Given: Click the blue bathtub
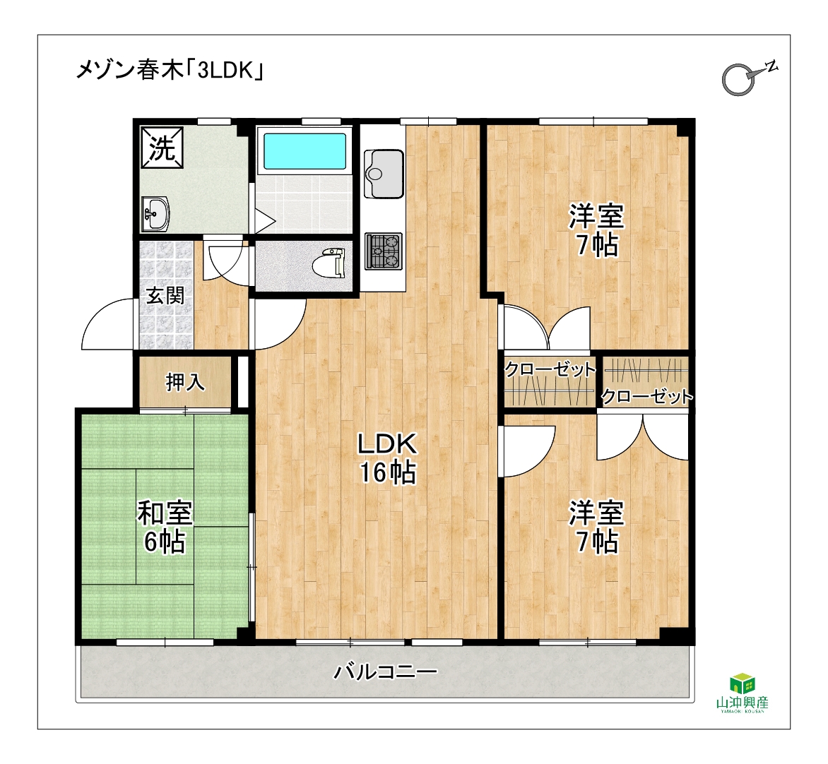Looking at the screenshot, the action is (x=304, y=150).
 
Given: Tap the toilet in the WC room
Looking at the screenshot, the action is (x=328, y=263).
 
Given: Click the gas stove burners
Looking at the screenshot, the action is (x=384, y=251).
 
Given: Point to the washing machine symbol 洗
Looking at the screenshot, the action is (x=162, y=148).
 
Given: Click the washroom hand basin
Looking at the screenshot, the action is (x=155, y=214).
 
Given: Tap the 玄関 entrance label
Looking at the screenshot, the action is (x=165, y=295).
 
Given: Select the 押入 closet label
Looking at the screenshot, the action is (x=185, y=382).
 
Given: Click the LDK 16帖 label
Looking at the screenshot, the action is (x=388, y=458).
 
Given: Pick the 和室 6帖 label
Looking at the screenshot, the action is (x=165, y=527).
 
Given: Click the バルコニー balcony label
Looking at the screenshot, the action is (x=386, y=672).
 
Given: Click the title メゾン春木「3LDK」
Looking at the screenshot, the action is (x=170, y=70).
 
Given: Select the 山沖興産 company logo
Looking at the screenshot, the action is (x=742, y=693).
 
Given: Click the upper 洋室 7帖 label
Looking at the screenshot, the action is (x=597, y=230).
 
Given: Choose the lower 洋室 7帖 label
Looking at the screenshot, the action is (x=597, y=527).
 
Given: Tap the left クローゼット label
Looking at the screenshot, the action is (x=550, y=369).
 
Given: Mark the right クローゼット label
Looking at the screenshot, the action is (x=646, y=396).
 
